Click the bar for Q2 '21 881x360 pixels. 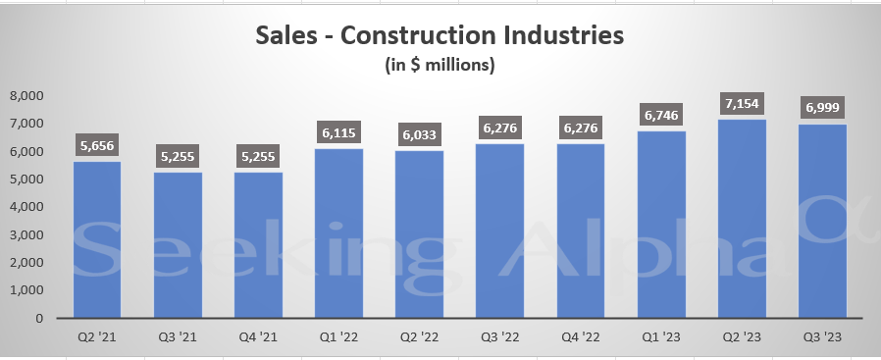(97, 239)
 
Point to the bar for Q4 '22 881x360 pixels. (581, 231)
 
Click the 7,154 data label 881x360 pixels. (742, 103)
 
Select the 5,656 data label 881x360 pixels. (97, 145)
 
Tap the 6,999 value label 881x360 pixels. (822, 108)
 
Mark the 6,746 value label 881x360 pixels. (661, 115)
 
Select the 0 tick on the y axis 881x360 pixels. (40, 318)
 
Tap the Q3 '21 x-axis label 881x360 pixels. (178, 338)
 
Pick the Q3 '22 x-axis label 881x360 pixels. (500, 338)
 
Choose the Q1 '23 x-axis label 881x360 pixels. (661, 338)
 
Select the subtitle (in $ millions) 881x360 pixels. (439, 66)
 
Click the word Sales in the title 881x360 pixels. (285, 37)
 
